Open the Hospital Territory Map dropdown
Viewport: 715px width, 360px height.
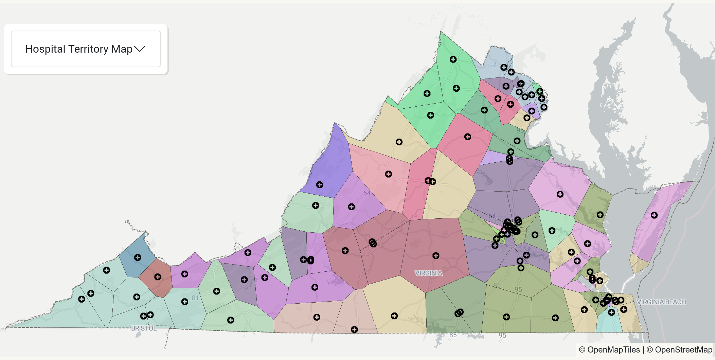[x=86, y=49]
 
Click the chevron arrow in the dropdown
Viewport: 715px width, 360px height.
[x=140, y=49]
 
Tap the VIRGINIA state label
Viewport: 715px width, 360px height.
[x=429, y=273]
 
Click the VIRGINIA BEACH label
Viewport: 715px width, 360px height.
[x=661, y=302]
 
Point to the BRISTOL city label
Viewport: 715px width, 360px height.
[x=144, y=328]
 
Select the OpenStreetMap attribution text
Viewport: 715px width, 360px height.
[x=683, y=350]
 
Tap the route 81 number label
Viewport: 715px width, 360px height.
[x=195, y=298]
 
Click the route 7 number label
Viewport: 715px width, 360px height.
[x=494, y=65]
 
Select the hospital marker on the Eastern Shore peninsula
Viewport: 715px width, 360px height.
[x=654, y=215]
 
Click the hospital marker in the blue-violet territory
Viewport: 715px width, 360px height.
[x=320, y=185]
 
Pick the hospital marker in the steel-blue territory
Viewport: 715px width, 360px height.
[x=138, y=257]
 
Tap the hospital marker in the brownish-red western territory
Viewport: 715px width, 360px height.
[x=158, y=277]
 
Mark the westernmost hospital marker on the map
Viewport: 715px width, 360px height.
[x=82, y=299]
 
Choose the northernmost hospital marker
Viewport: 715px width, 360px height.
[x=453, y=59]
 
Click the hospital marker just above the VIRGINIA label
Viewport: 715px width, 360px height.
[x=436, y=256]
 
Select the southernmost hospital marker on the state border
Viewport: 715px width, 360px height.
[x=354, y=329]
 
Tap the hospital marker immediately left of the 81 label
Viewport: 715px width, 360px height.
[x=185, y=302]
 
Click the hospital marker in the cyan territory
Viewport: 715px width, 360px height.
[x=611, y=312]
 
